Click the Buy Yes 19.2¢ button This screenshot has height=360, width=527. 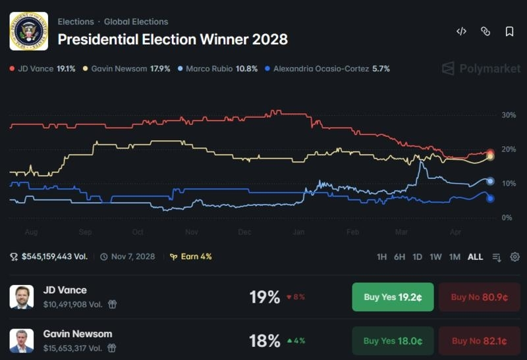point(393,297)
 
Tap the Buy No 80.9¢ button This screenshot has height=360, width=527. point(480,297)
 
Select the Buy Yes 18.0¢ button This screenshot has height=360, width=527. point(393,341)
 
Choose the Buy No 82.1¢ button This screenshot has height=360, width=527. point(480,341)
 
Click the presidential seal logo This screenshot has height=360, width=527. point(29,31)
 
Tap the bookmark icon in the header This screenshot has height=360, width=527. point(509,32)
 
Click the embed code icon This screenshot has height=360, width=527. point(462,31)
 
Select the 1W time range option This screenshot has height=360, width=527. point(435,257)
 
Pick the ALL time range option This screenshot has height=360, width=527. point(475,257)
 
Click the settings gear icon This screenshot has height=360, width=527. point(515,257)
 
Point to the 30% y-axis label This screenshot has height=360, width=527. point(509,115)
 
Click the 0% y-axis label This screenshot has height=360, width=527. point(507,218)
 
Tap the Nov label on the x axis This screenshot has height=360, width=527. point(192,232)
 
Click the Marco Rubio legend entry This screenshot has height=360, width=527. point(218,69)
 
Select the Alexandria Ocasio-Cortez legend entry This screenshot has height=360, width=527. point(327,69)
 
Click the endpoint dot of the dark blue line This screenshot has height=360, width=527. point(490,199)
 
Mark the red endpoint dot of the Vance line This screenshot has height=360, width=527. point(490,153)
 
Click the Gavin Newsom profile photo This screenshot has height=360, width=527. point(22,341)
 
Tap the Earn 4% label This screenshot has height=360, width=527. point(191,257)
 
